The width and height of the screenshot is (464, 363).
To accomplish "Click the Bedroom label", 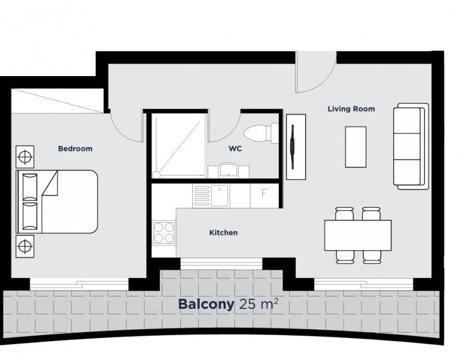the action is pyautogui.click(x=75, y=149).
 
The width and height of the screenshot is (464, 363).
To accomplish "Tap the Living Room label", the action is pyautogui.click(x=351, y=109).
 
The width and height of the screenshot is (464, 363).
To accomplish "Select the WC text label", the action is pyautogui.click(x=235, y=149).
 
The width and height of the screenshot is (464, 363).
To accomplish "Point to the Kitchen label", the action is pyautogui.click(x=224, y=233).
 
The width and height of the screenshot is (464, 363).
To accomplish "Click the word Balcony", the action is pyautogui.click(x=206, y=304).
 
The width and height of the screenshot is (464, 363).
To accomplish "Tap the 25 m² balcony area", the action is pyautogui.click(x=258, y=304).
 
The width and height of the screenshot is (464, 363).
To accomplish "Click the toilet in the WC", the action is pyautogui.click(x=261, y=133).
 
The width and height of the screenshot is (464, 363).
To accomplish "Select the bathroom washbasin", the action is pyautogui.click(x=228, y=171).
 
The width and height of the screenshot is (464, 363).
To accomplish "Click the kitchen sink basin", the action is pyautogui.click(x=220, y=195).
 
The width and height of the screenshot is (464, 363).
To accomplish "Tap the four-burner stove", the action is pyautogui.click(x=164, y=233).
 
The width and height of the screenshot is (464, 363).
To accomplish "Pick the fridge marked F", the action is pyautogui.click(x=264, y=195).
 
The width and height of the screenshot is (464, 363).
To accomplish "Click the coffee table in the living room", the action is pyautogui.click(x=356, y=147).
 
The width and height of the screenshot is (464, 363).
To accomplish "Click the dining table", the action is pyautogui.click(x=358, y=235).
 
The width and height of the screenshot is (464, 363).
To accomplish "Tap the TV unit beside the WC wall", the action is pyautogui.click(x=296, y=147).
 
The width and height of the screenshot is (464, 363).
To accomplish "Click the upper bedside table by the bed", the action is pyautogui.click(x=25, y=157).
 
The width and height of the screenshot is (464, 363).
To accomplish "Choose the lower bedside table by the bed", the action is pyautogui.click(x=25, y=246).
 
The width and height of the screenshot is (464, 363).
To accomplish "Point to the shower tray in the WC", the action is pyautogui.click(x=178, y=147).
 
